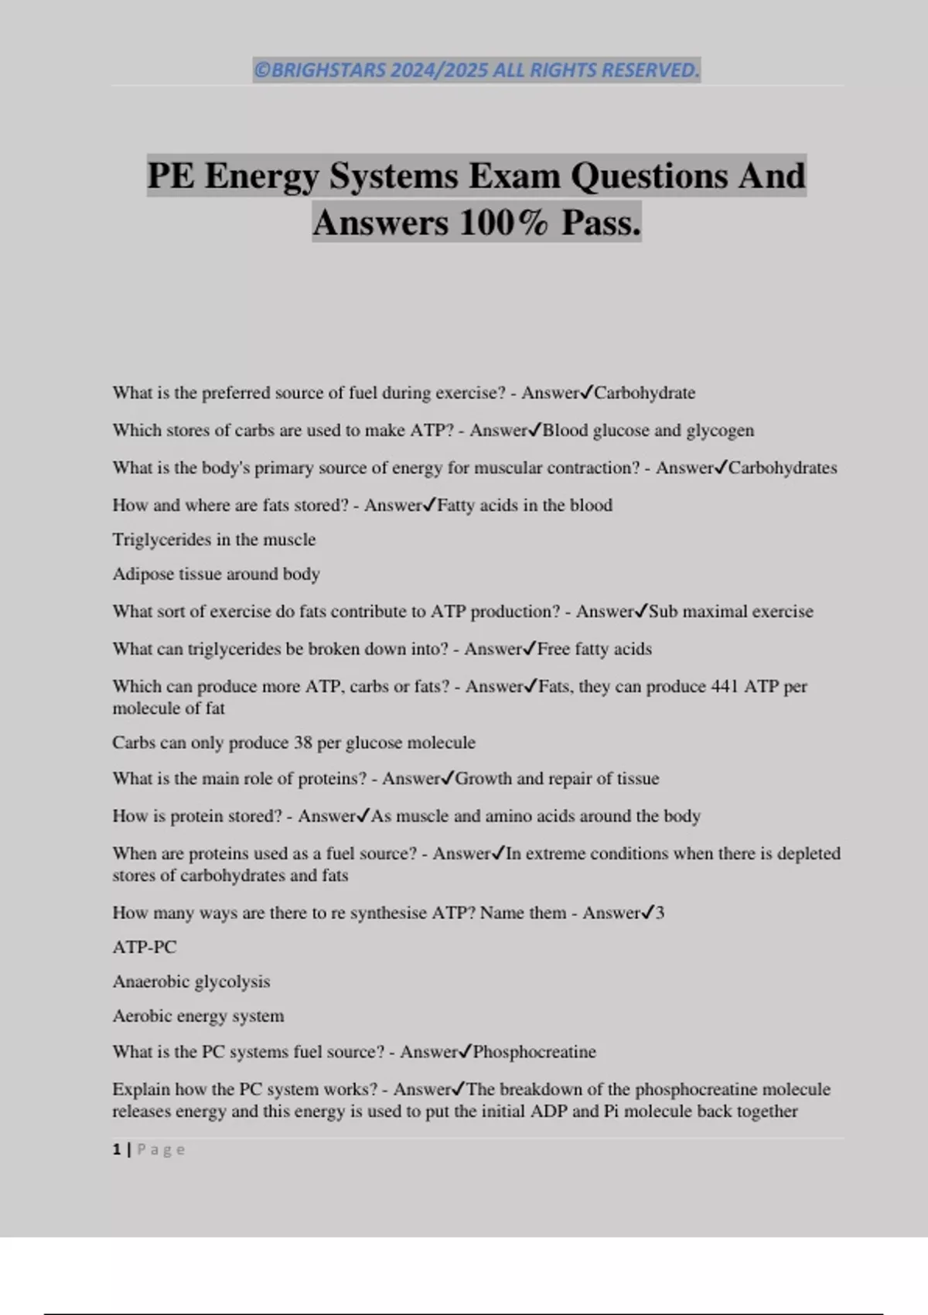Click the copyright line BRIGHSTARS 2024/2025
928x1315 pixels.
coord(476,70)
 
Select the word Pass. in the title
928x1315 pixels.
coord(601,223)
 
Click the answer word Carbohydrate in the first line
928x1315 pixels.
coord(644,393)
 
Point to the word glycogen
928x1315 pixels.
coord(720,430)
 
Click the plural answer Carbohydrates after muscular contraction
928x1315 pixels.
coord(783,468)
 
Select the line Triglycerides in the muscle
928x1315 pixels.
coord(213,539)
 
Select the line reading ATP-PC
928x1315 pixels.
coord(144,947)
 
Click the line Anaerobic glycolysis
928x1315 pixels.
coord(191,982)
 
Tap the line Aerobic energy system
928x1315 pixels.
coord(198,1016)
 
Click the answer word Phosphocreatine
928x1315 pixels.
coord(534,1052)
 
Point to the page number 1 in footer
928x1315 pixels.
coord(117,1149)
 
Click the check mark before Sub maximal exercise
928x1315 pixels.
coord(641,611)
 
